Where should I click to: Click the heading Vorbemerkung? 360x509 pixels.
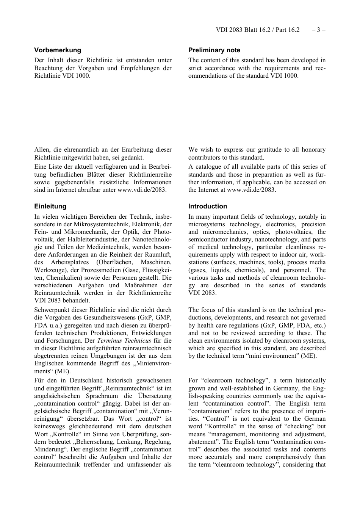pyautogui.click(x=58, y=50)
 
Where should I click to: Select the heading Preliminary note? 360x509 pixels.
pyautogui.click(x=214, y=50)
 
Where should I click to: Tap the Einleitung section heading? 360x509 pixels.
pyautogui.click(x=50, y=206)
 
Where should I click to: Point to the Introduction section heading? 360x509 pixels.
pyautogui.click(x=208, y=206)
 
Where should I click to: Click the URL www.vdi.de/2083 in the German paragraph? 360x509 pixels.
pyautogui.click(x=141, y=190)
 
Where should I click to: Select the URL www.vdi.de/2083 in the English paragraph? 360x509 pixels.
pyautogui.click(x=251, y=190)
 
